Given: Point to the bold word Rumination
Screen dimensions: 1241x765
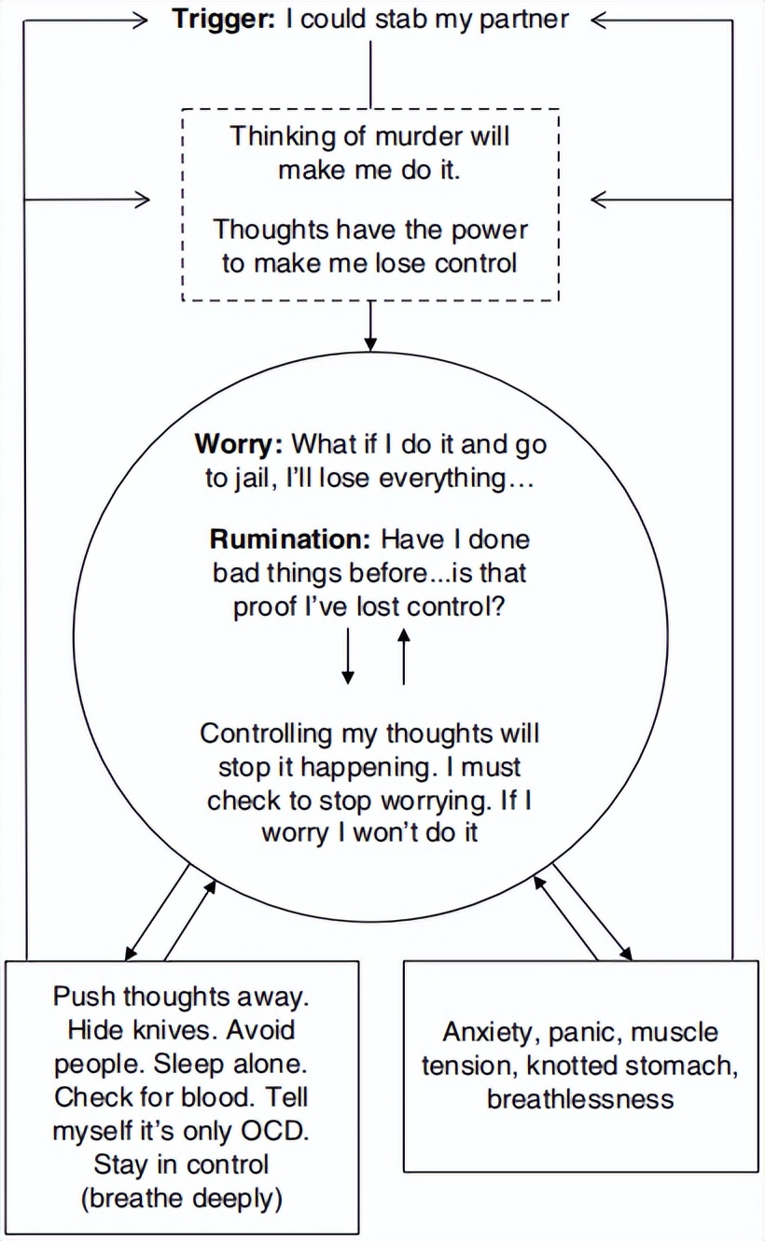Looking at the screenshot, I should (290, 538).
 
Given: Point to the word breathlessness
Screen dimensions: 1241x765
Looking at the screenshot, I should (579, 1098).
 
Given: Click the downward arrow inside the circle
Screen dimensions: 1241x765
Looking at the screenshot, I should (348, 658).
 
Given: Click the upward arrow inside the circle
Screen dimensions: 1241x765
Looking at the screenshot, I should (403, 658).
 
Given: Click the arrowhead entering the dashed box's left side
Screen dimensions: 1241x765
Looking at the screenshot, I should (142, 199).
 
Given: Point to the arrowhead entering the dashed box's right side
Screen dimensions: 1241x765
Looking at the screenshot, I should (600, 199).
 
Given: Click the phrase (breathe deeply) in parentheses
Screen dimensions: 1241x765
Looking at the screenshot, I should (183, 1198).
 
